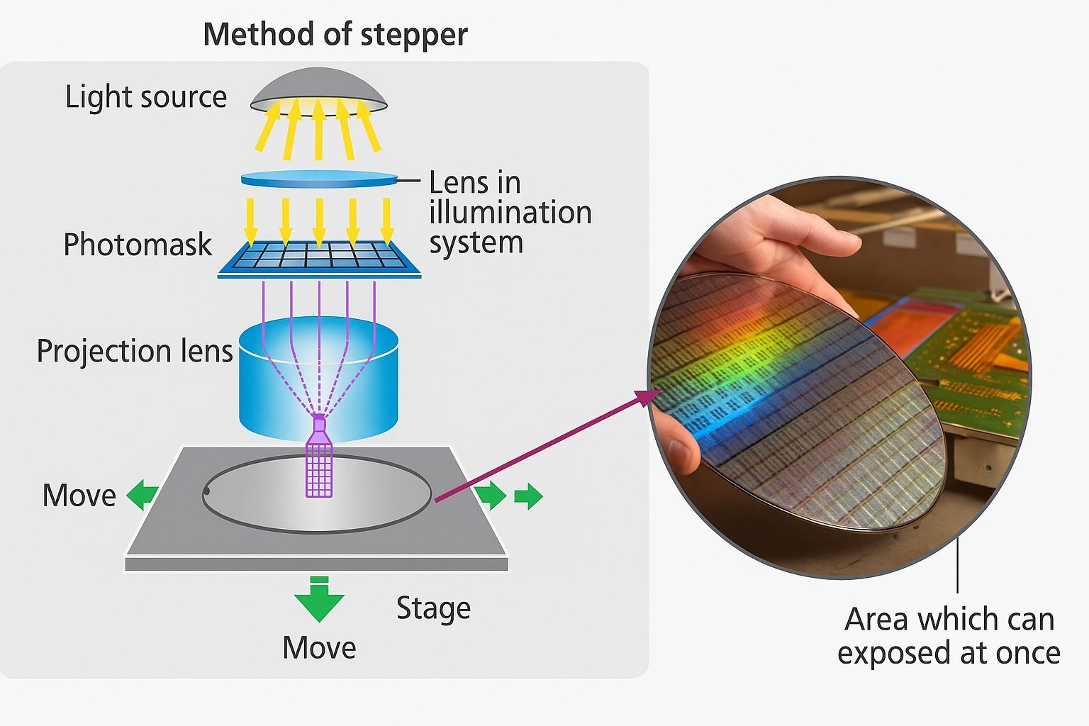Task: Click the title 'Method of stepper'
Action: click(335, 34)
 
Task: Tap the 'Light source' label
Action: click(146, 97)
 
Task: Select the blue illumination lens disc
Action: click(319, 179)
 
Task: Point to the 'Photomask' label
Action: click(138, 245)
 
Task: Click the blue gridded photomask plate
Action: click(319, 257)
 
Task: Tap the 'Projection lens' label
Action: click(135, 351)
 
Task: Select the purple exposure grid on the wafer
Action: click(319, 471)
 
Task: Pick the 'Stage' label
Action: click(433, 608)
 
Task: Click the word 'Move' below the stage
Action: click(319, 647)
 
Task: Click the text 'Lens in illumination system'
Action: click(509, 213)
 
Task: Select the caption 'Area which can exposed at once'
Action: click(949, 635)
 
